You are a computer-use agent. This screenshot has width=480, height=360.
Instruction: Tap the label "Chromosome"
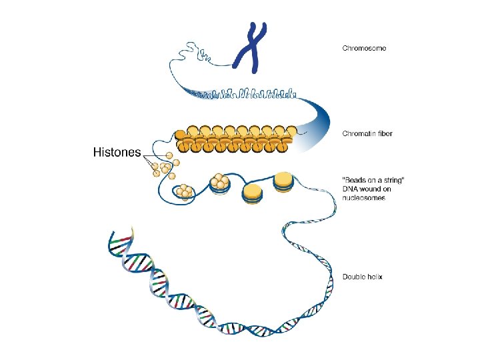(x=364, y=48)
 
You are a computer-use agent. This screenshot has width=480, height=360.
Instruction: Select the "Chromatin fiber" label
(x=367, y=133)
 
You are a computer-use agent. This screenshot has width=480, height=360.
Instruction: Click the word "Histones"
(x=116, y=152)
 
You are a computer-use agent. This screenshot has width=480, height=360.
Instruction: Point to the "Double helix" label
(x=362, y=277)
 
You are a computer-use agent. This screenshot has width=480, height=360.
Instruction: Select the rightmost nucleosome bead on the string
(x=283, y=181)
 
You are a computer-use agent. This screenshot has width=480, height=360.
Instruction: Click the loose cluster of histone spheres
(x=165, y=167)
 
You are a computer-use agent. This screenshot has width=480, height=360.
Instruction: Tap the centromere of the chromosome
(x=255, y=49)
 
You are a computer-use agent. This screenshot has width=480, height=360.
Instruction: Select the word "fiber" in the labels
(x=383, y=133)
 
